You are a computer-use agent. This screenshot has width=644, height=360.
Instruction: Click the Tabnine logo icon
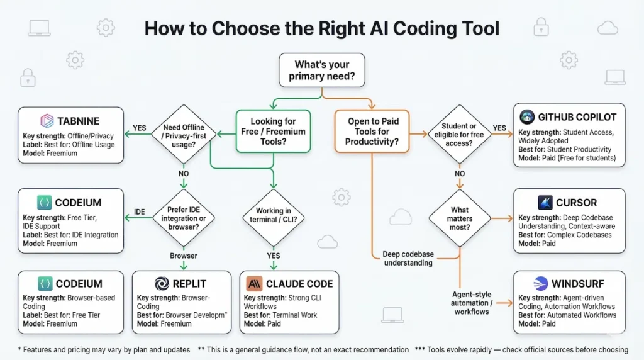point(47,120)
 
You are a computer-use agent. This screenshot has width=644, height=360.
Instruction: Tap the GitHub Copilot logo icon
point(527,116)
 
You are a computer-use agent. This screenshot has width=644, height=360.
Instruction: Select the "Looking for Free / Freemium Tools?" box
point(272,132)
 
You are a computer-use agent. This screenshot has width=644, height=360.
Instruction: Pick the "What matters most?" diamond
point(460,218)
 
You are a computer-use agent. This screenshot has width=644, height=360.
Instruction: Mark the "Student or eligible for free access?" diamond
point(459,133)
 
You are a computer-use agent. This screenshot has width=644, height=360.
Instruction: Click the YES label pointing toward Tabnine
point(140,128)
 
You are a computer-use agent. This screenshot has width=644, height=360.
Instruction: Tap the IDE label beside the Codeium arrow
point(140,211)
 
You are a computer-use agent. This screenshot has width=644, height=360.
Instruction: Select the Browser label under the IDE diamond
point(184,256)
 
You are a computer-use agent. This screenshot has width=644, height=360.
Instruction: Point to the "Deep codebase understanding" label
point(408,259)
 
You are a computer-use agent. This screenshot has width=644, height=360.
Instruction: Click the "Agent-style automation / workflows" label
point(471,303)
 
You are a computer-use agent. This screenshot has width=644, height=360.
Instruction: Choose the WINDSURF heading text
point(573,284)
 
